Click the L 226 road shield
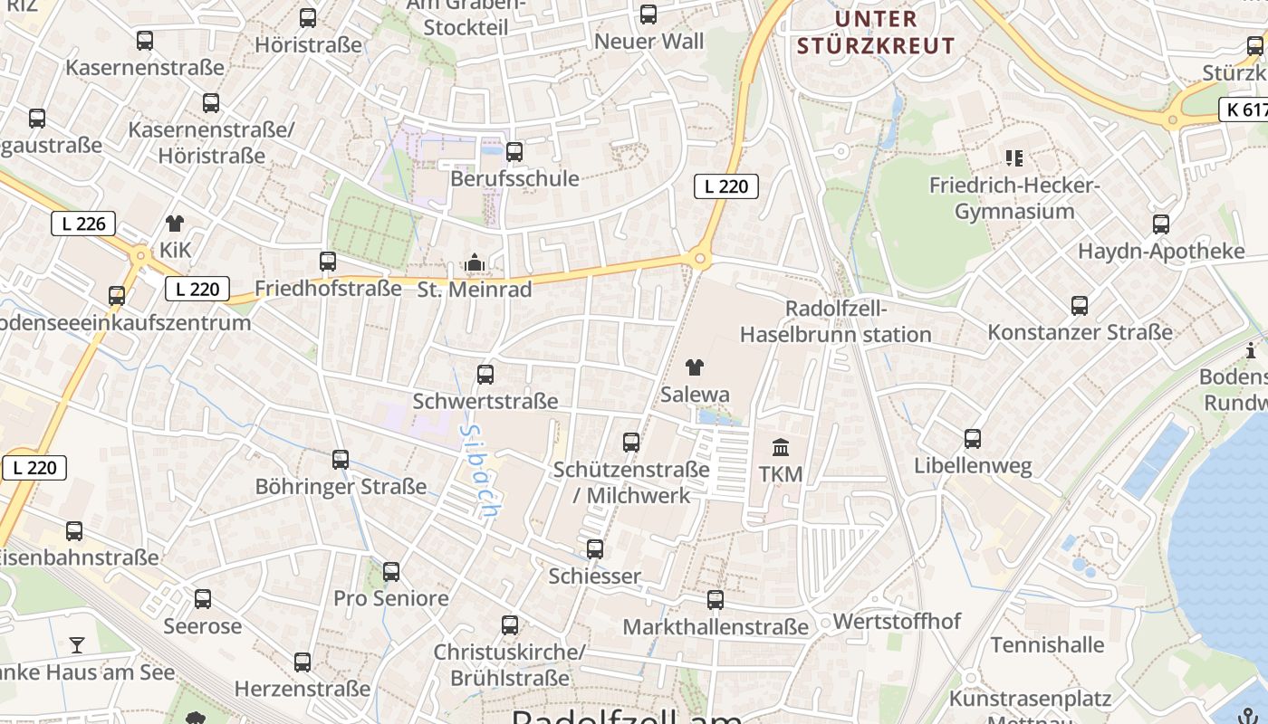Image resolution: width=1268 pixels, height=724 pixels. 83,224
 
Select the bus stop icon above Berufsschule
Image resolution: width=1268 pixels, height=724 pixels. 514,152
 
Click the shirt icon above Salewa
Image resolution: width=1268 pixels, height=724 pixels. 695,367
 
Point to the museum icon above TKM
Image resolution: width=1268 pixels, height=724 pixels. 781,447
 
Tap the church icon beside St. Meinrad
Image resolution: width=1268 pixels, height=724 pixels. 474,263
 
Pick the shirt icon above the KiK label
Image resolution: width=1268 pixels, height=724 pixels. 175,224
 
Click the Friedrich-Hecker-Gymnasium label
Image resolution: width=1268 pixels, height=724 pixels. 1014,198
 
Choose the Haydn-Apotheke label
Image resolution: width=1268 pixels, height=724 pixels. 1161,251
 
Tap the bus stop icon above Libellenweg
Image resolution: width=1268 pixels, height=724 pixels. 973,439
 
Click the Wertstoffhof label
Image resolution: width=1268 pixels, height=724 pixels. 897,622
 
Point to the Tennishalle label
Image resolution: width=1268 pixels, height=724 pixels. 1047,645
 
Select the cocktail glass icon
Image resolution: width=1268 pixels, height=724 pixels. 77,645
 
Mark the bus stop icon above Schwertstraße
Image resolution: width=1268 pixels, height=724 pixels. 485,374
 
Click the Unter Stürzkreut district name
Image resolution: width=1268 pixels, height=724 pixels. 892,32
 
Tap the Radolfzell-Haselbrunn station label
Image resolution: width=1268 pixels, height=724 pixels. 835,321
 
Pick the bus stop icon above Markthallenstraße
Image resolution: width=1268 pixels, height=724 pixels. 716,599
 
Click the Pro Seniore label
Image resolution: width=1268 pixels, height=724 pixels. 391,598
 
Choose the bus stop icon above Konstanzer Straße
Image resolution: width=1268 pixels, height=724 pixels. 1080,306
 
